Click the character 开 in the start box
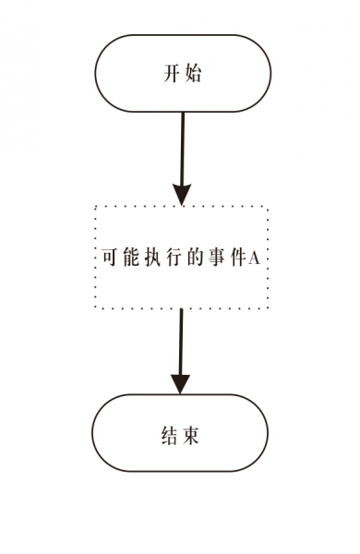tap(170, 75)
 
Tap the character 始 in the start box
tap(193, 75)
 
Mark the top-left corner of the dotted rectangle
tap(96, 208)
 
